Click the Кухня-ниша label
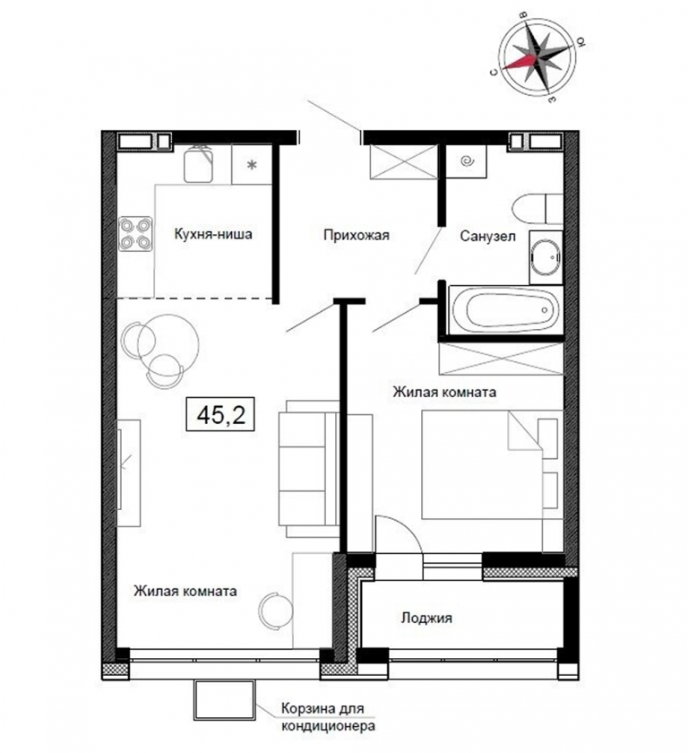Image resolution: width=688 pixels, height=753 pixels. (x=213, y=234)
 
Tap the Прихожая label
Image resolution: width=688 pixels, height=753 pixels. (x=356, y=235)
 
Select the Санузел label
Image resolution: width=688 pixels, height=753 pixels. (x=488, y=236)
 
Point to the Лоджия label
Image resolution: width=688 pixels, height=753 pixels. (x=426, y=618)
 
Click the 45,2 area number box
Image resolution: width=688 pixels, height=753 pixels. (x=220, y=414)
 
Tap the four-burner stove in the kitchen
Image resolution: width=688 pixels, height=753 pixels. (x=136, y=234)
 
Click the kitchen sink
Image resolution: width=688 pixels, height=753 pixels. (x=198, y=164)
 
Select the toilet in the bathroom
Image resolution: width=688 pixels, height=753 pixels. (x=537, y=209)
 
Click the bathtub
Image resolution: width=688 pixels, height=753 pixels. (x=505, y=310)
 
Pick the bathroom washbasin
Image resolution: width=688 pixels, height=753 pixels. (x=546, y=257)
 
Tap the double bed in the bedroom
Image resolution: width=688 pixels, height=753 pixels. (x=492, y=464)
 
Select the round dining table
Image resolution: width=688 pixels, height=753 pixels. (x=168, y=345)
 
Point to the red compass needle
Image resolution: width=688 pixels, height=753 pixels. (x=520, y=62)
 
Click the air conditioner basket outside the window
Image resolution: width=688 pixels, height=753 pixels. (x=225, y=697)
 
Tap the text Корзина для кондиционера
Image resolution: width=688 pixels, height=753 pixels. (x=328, y=716)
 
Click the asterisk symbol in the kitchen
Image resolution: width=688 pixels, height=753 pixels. (x=252, y=166)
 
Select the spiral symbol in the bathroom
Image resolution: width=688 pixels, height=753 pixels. (x=467, y=162)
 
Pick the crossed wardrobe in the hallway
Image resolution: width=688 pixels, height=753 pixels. (x=404, y=162)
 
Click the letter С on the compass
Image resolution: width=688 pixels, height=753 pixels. (x=493, y=72)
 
